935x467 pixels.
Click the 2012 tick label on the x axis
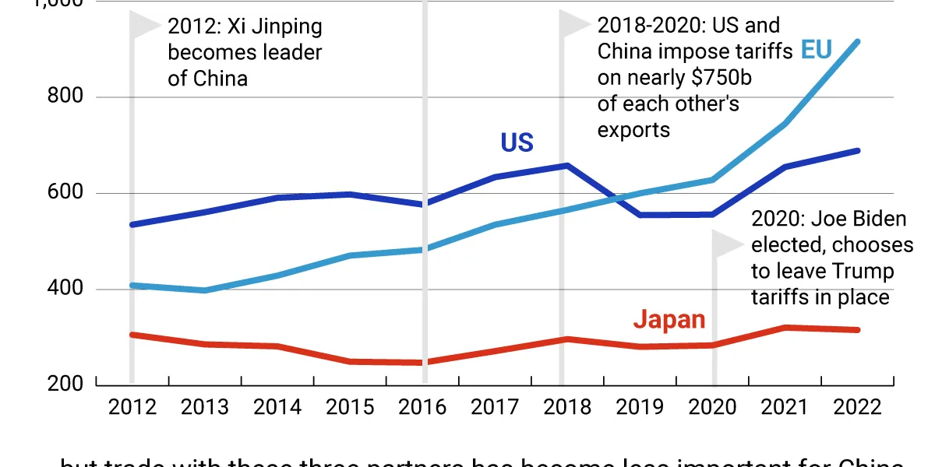[x=132, y=407]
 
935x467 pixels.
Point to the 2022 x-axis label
[x=858, y=407]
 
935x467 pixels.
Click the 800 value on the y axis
[x=67, y=97]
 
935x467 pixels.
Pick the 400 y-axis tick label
[x=67, y=290]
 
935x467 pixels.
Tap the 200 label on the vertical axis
[x=67, y=384]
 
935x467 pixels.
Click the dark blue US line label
[x=517, y=143]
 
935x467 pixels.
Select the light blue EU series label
[x=817, y=51]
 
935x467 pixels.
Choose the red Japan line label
[x=669, y=319]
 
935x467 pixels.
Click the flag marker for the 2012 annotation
[x=144, y=25]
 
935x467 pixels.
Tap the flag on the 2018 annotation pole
[x=575, y=23]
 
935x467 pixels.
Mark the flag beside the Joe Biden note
[x=729, y=244]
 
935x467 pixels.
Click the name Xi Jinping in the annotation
[x=274, y=27]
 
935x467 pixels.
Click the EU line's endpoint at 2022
[x=858, y=41]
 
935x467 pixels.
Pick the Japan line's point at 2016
[x=425, y=363]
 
